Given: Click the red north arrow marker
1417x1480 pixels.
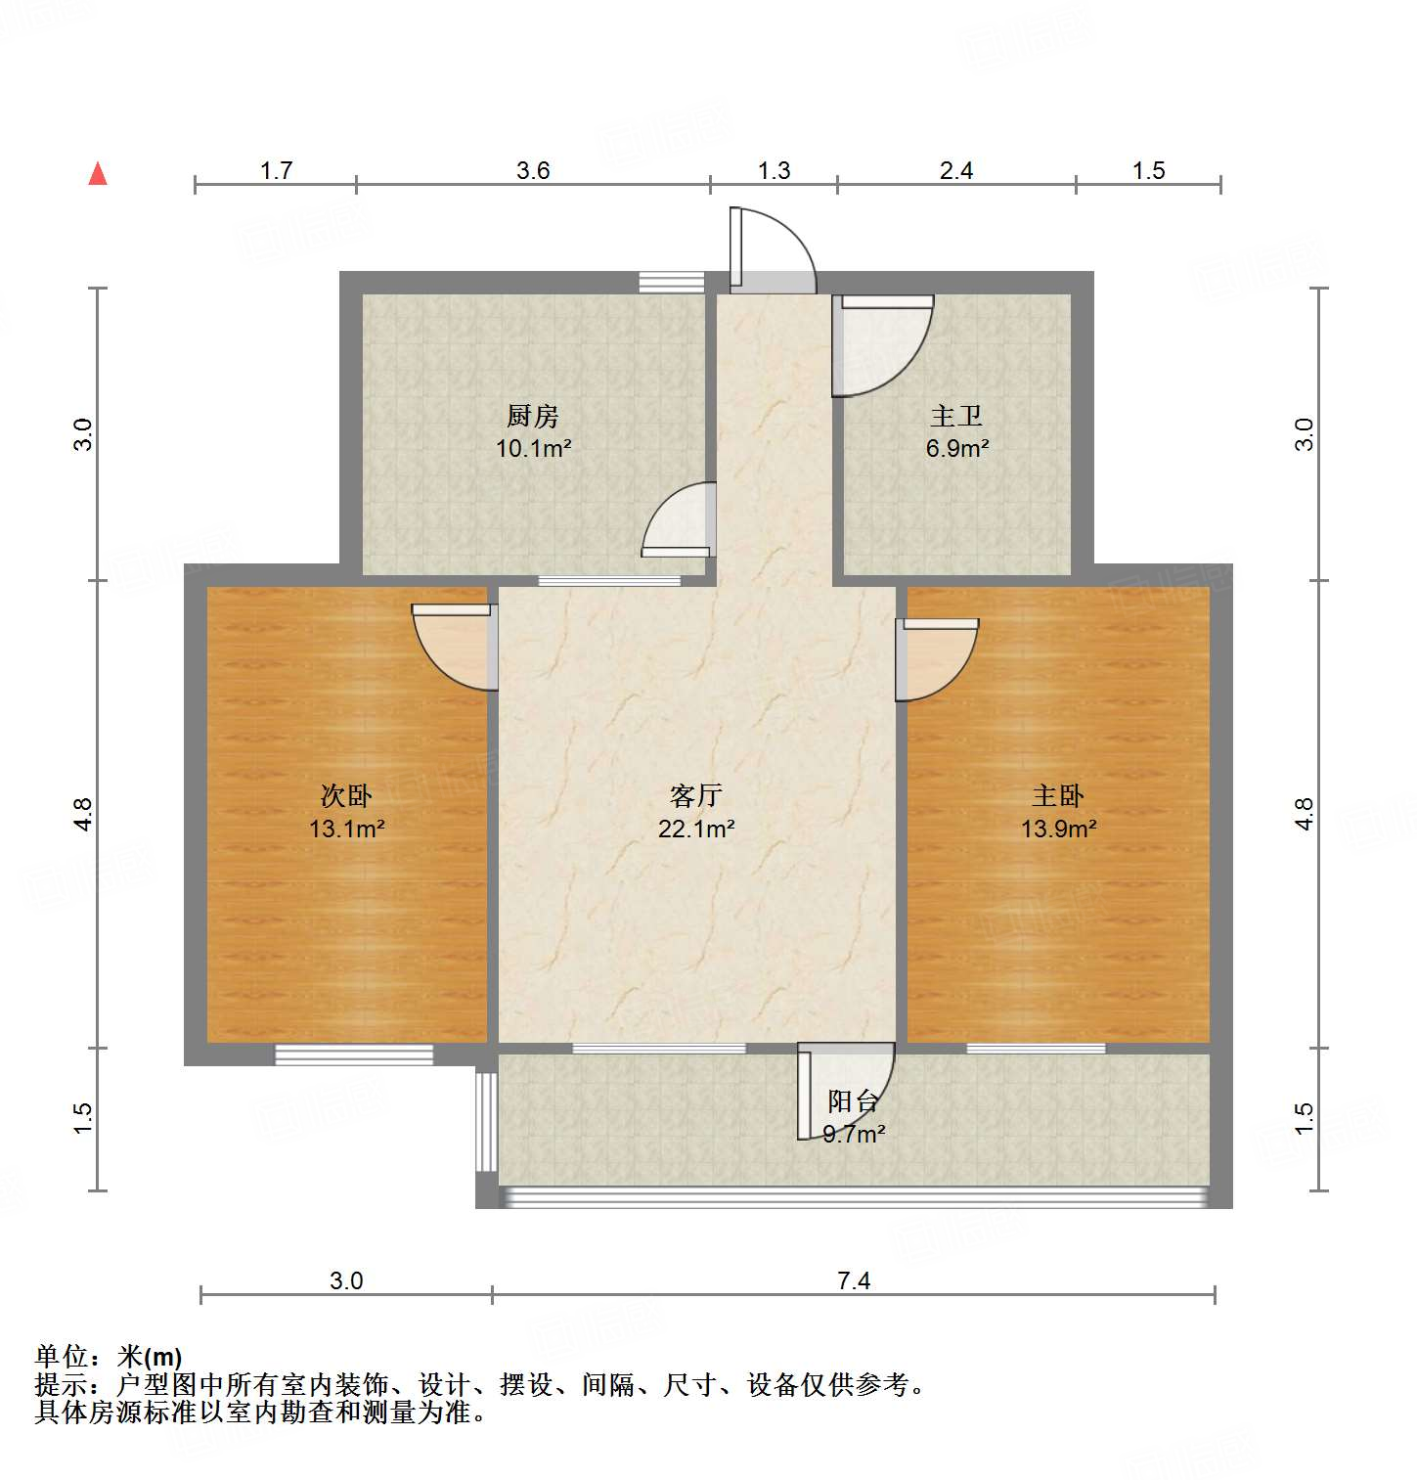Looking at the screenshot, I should pos(98,173).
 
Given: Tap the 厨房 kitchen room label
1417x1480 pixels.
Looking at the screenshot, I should pos(533,416).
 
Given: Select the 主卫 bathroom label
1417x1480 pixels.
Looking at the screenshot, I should pos(956,416).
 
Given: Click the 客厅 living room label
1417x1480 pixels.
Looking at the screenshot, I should pos(696,795).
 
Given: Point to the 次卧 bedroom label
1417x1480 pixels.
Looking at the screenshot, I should pos(346,795).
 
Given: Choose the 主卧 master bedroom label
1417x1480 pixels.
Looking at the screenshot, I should pos(1058,795).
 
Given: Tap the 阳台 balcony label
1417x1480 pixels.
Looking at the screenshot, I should pos(853,1101).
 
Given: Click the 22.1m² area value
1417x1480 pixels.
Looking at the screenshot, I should pos(696,830).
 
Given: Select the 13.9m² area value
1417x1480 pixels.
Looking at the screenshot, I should pos(1058,830).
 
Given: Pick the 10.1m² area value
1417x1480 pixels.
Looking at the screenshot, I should pos(533,449).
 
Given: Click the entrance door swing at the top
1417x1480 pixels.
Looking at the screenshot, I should pos(773,249).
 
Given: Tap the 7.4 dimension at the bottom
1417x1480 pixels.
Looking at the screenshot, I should pos(854,1280).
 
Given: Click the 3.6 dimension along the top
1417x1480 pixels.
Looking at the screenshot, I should pos(533,171).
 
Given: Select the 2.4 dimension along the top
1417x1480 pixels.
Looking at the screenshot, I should pos(956,171).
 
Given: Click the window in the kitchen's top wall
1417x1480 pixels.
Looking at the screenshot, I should pos(672,282).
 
